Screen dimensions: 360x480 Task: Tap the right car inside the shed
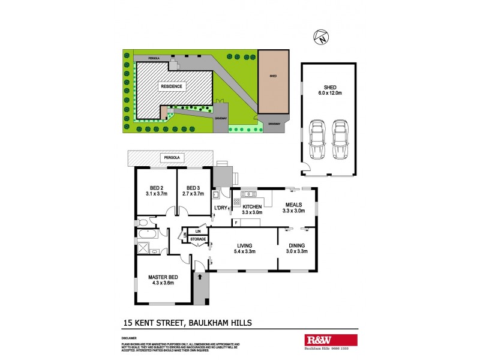pos(340,139)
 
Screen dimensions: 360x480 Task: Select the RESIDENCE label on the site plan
pos(171,86)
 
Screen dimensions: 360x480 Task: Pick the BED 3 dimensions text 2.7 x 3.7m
pos(193,194)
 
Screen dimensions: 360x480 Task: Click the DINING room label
pos(297,245)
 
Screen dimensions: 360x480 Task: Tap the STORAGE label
pos(197,239)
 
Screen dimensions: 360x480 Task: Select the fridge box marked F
pos(236,223)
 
